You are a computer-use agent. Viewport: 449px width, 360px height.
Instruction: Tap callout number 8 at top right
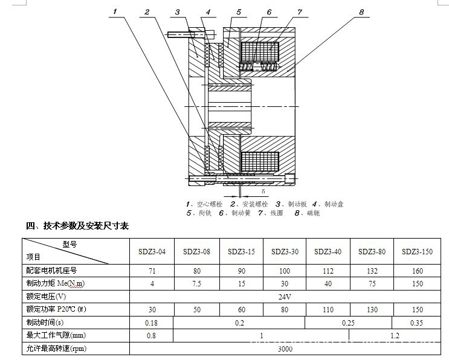pos(361,11)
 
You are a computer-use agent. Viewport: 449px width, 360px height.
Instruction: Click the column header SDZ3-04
pos(152,251)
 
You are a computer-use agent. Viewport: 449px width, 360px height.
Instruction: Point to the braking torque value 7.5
pos(196,284)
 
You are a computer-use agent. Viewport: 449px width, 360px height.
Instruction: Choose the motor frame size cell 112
pos(328,271)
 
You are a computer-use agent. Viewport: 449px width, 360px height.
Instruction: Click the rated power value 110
pos(328,310)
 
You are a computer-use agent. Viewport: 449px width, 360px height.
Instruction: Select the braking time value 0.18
pos(152,323)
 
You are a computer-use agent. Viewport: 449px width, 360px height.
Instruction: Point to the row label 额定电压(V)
pos(46,297)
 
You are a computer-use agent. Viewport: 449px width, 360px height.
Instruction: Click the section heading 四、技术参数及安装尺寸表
pos(77,226)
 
